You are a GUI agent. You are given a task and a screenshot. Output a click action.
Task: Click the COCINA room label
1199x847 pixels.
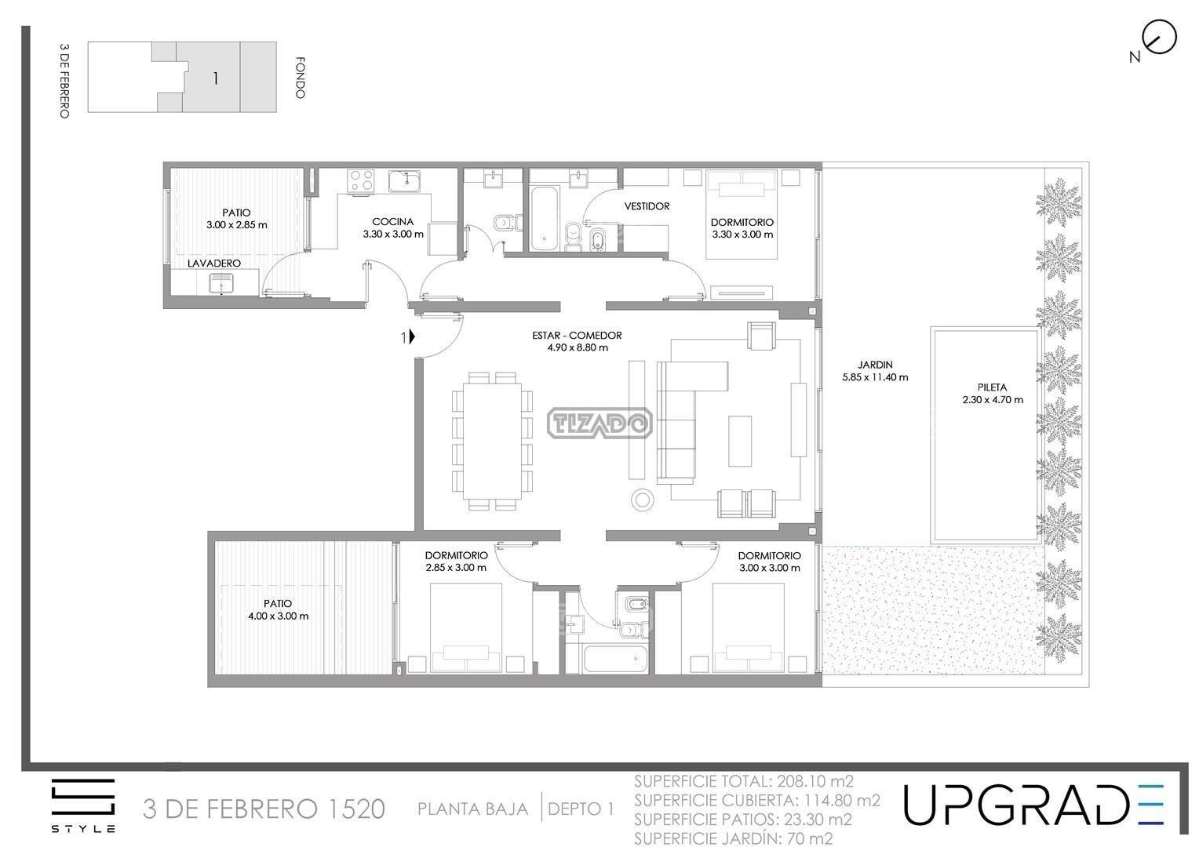(393, 221)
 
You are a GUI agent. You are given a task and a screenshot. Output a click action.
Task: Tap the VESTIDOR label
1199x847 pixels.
(647, 206)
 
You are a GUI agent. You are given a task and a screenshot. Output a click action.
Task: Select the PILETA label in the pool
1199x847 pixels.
(992, 387)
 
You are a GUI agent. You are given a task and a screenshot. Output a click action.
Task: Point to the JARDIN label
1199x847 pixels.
(875, 365)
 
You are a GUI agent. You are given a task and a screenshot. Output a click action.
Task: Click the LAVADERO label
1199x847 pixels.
(214, 264)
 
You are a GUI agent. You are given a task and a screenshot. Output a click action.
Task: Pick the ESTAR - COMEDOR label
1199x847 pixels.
(577, 336)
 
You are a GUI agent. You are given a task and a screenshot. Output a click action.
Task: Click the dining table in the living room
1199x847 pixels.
(493, 441)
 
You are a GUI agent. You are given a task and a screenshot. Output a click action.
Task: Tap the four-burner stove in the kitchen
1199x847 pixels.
(361, 180)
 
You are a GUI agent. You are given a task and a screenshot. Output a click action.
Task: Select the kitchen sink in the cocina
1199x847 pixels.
(404, 181)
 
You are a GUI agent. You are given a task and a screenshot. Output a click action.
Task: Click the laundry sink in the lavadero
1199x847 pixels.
(220, 284)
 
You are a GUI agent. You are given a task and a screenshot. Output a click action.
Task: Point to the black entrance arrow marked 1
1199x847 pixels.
(412, 336)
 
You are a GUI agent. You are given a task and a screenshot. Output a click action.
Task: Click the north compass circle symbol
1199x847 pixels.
(1160, 37)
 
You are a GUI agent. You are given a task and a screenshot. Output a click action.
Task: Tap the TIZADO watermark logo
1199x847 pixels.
(599, 423)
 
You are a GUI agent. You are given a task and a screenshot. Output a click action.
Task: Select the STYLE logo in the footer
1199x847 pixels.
(83, 805)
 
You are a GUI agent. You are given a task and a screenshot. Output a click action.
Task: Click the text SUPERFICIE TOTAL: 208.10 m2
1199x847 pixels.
(744, 781)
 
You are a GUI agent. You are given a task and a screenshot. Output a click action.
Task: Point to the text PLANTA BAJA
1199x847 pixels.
(472, 809)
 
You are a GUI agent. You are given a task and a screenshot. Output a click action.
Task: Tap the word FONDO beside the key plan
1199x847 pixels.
(301, 78)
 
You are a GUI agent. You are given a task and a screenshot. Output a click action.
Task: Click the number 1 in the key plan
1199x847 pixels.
(216, 78)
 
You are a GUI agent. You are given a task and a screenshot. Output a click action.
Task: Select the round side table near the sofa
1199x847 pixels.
(643, 500)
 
